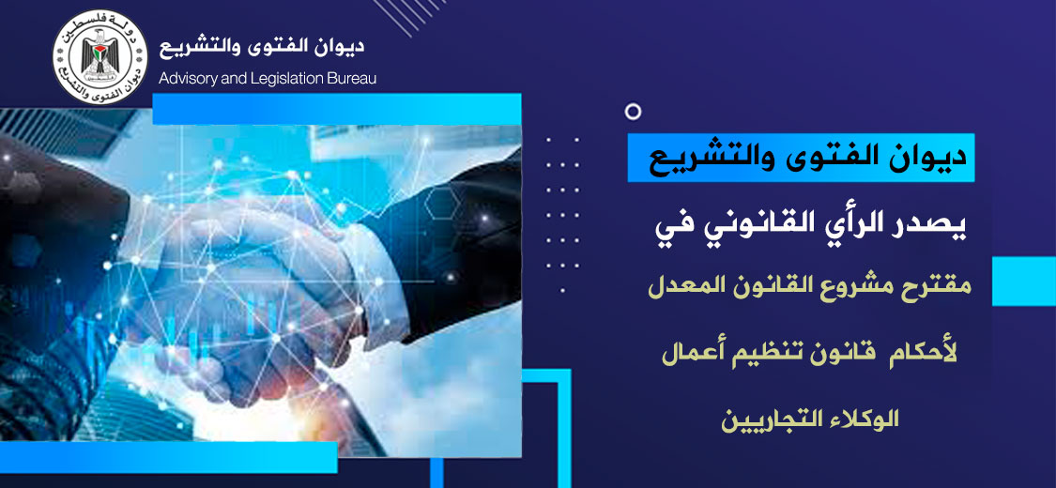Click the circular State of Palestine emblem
(100, 56)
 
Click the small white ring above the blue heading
(633, 112)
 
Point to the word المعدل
(683, 288)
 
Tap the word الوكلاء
(865, 420)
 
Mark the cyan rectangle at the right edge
(1024, 282)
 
